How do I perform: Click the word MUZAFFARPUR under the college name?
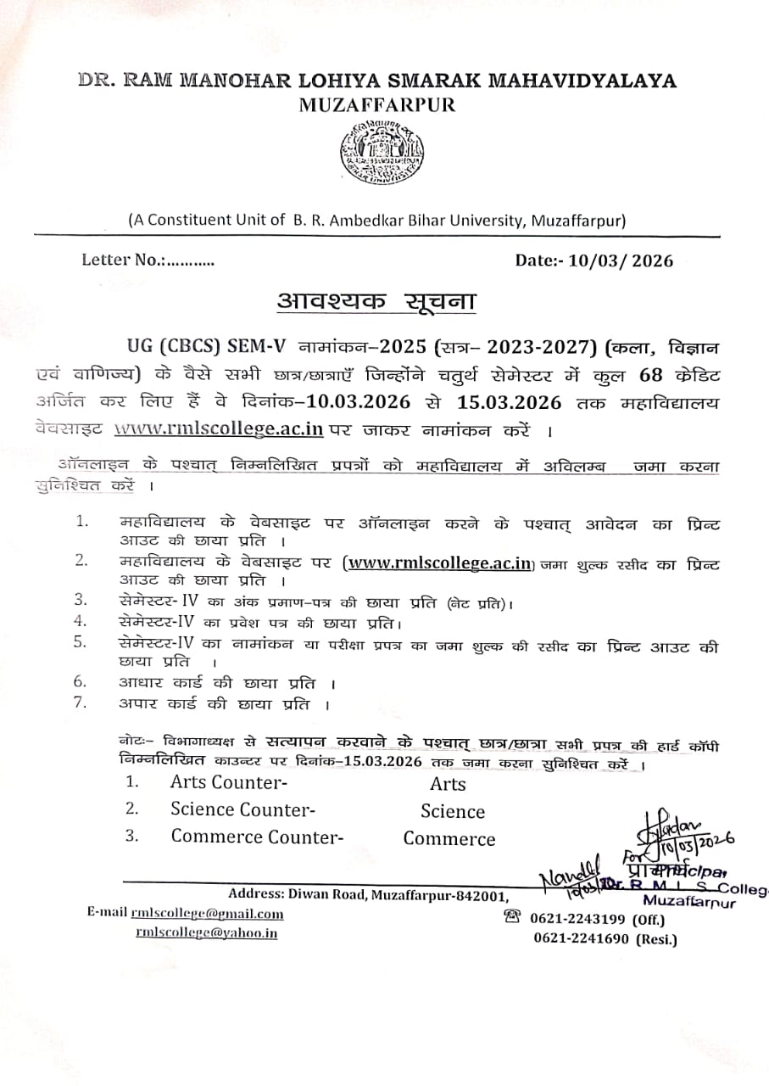coord(377,105)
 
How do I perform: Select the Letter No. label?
coord(123,260)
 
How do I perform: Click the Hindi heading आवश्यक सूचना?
coord(376,300)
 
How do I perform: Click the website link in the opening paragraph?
coord(219,428)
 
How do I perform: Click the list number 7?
coord(81,703)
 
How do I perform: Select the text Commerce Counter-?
coord(257,837)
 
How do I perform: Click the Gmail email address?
coord(207,913)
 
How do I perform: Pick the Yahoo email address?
coord(206,933)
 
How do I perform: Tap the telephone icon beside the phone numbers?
coord(511,917)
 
